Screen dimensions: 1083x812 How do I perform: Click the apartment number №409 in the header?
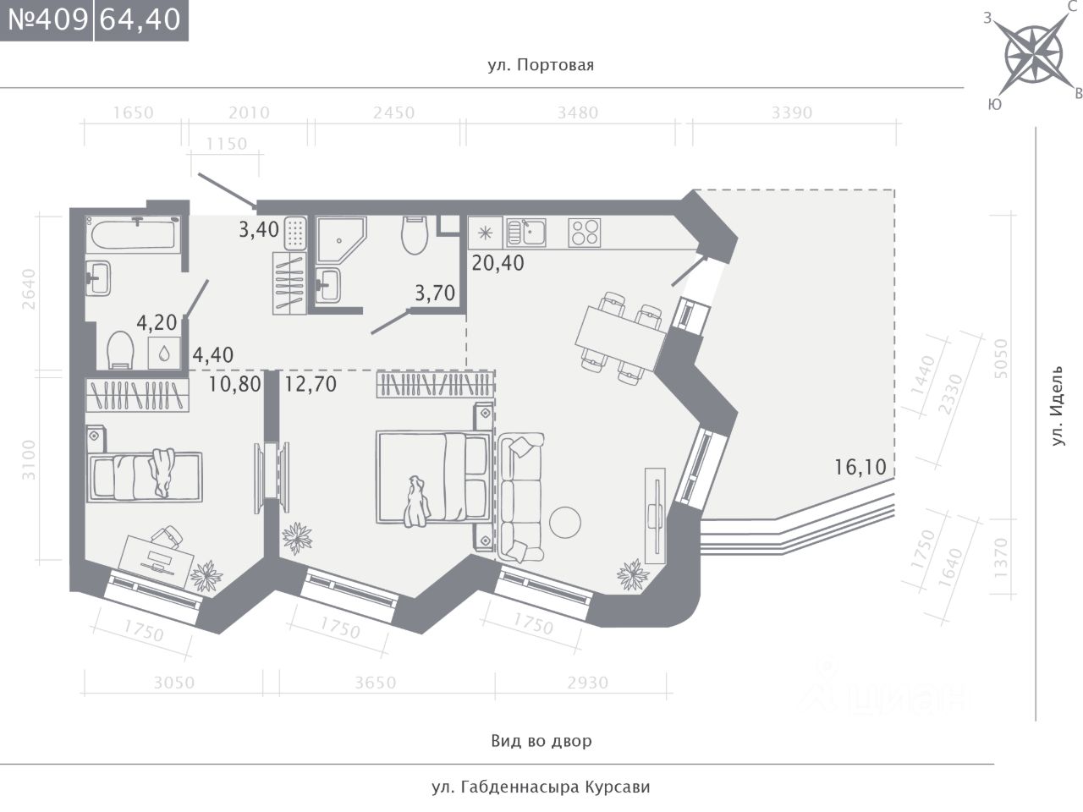click(x=48, y=20)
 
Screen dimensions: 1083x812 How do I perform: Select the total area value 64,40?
click(x=140, y=20)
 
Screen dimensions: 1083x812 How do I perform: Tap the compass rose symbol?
click(x=1033, y=54)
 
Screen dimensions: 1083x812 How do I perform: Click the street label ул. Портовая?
click(x=541, y=65)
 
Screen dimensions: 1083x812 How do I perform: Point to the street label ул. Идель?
click(x=1057, y=406)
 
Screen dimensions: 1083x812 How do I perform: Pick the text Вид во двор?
click(x=541, y=740)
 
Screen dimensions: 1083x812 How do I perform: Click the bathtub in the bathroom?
click(x=133, y=234)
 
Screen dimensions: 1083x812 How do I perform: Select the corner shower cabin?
click(x=341, y=239)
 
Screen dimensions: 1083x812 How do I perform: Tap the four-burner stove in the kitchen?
click(x=584, y=233)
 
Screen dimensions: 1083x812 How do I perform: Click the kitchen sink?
click(x=526, y=233)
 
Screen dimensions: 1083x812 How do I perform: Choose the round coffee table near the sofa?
click(x=565, y=522)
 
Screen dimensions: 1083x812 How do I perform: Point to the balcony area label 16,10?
click(x=860, y=467)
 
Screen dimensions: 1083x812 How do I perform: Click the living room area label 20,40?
click(x=498, y=263)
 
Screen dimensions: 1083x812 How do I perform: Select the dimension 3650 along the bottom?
click(x=376, y=683)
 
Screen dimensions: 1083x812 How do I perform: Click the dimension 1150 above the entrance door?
click(x=227, y=144)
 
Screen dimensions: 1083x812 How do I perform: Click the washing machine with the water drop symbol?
click(x=164, y=353)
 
